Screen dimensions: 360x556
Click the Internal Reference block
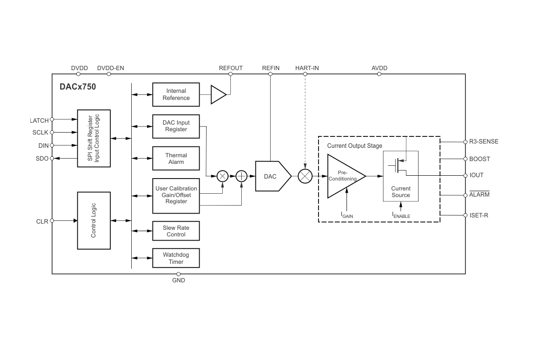pyautogui.click(x=176, y=94)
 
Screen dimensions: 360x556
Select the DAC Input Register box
pyautogui.click(x=176, y=126)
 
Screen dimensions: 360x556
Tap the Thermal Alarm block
pyautogui.click(x=176, y=159)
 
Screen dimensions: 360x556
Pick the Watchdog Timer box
pyautogui.click(x=176, y=258)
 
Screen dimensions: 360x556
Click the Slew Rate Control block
pyautogui.click(x=176, y=231)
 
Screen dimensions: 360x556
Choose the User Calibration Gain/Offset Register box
pyautogui.click(x=176, y=195)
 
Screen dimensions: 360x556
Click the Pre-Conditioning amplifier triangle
pyautogui.click(x=344, y=176)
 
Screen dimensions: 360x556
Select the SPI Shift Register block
pyautogui.click(x=94, y=138)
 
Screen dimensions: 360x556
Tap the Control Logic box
pyautogui.click(x=94, y=220)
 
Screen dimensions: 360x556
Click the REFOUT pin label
pyautogui.click(x=231, y=68)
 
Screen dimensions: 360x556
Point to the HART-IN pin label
pyautogui.click(x=307, y=68)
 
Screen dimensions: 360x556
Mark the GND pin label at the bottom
pyautogui.click(x=179, y=280)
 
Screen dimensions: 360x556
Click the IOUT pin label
pyautogui.click(x=476, y=175)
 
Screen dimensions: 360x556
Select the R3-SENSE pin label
pyautogui.click(x=480, y=142)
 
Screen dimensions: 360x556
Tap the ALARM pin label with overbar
pyautogui.click(x=479, y=195)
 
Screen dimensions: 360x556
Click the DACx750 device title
pyautogui.click(x=78, y=87)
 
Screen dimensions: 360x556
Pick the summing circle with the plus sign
pyautogui.click(x=242, y=176)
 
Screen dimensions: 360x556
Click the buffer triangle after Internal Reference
pyautogui.click(x=218, y=94)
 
